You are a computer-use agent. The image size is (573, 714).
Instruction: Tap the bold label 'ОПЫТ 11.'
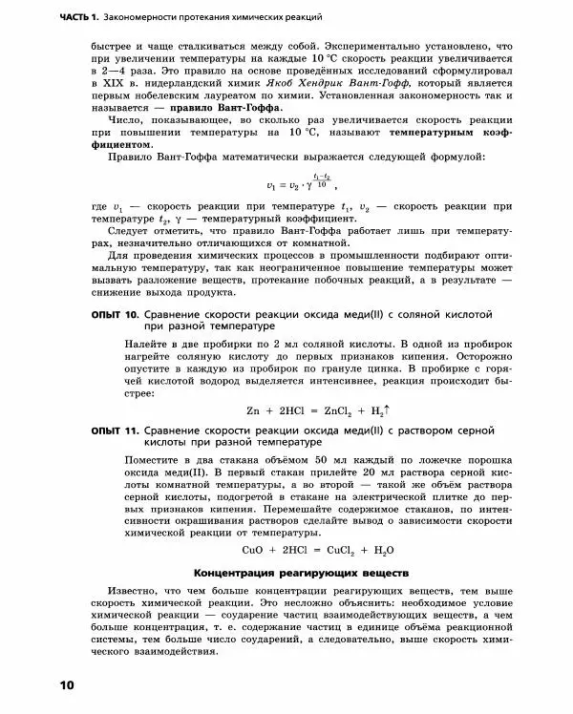point(116,431)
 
